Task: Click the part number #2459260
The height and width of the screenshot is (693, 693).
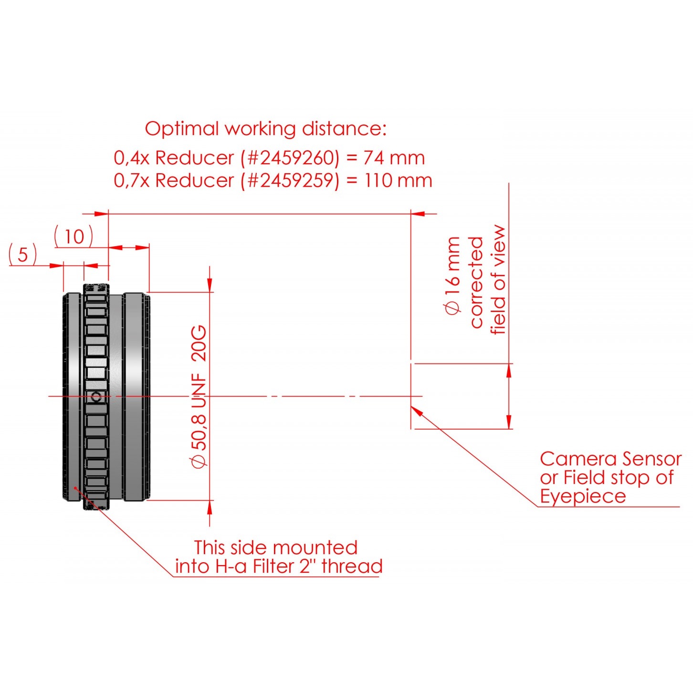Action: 290,158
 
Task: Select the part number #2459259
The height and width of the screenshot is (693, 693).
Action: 290,181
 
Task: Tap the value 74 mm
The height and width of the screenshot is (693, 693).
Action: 394,158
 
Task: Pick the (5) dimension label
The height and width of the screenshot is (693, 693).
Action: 23,255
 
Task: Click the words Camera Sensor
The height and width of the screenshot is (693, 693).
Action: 610,459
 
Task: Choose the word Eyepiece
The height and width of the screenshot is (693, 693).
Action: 583,496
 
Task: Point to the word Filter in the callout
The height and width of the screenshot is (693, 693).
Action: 273,567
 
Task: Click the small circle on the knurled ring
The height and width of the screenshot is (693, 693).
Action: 96,397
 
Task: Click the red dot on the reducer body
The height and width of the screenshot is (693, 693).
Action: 75,488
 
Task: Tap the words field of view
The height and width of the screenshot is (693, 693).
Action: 498,280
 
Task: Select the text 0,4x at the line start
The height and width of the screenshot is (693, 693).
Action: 131,158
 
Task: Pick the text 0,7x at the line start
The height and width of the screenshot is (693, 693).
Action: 131,181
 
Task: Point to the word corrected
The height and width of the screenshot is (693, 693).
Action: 477,283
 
